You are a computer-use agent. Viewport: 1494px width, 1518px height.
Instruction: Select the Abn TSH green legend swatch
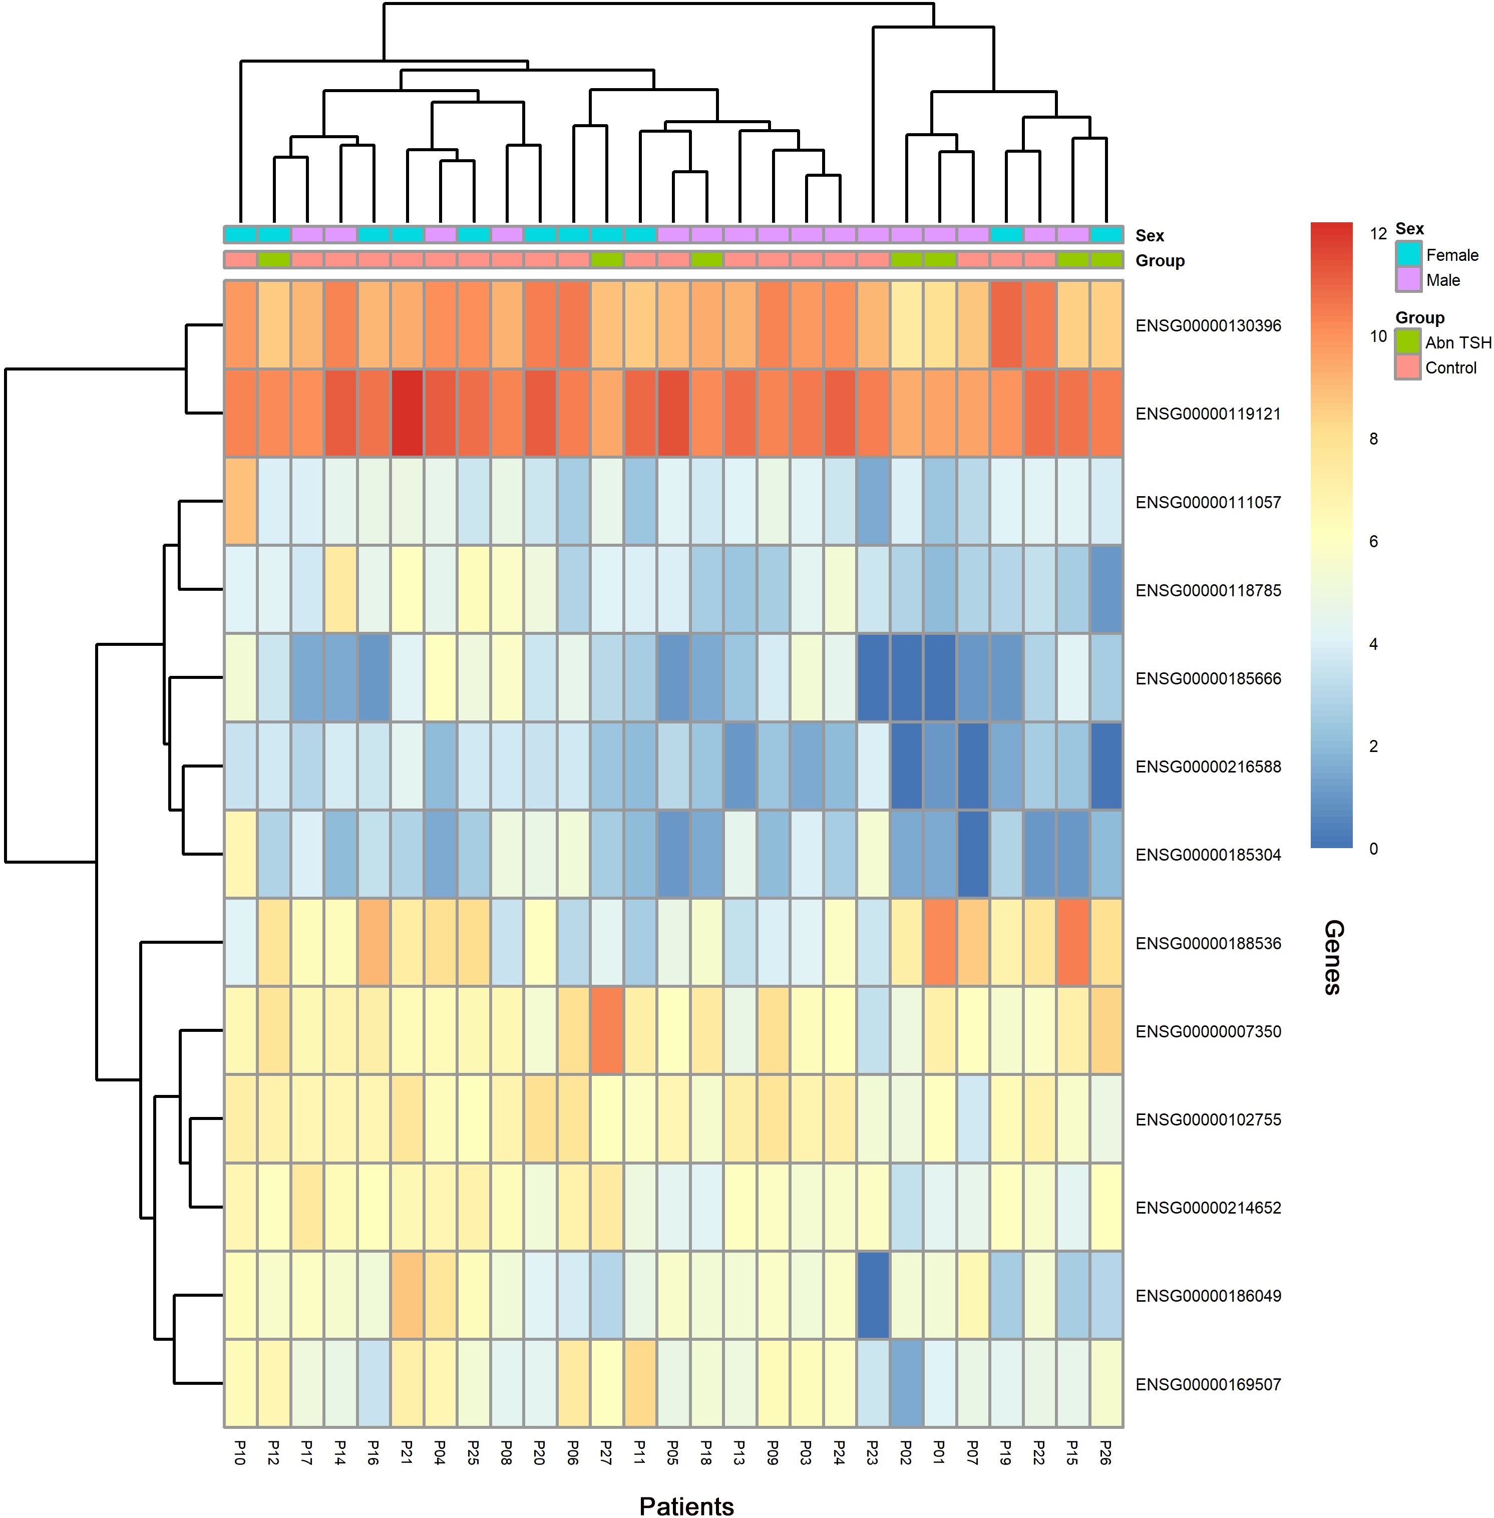(x=1408, y=342)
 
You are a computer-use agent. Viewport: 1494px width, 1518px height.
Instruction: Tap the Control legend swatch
(x=1408, y=367)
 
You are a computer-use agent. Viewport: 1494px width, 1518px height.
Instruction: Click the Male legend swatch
(x=1408, y=279)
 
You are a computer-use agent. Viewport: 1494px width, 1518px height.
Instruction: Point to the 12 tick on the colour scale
(x=1378, y=233)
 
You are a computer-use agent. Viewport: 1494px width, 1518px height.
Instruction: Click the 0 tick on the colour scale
(x=1373, y=848)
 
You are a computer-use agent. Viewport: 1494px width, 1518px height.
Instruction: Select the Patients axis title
(x=686, y=1505)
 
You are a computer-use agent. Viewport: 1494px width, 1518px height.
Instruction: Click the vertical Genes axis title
(x=1332, y=957)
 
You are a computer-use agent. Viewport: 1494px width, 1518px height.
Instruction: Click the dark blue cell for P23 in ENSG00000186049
(x=873, y=1296)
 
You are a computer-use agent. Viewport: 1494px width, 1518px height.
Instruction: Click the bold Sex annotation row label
(x=1150, y=235)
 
